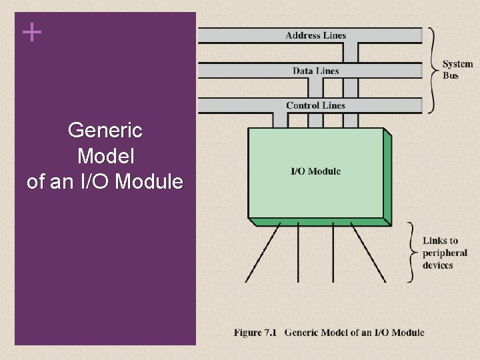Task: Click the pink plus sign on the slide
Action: (x=31, y=31)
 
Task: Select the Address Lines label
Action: (x=315, y=35)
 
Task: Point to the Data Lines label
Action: (x=315, y=71)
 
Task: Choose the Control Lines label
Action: (x=315, y=105)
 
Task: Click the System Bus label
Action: (x=459, y=70)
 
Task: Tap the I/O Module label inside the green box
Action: (x=315, y=171)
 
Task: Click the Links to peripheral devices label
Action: (x=445, y=253)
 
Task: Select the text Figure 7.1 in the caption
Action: (x=255, y=332)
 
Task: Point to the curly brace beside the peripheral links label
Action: (x=413, y=252)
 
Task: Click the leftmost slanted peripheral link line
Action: (x=262, y=253)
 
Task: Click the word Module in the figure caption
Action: (x=407, y=332)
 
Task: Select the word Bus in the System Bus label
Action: (x=451, y=75)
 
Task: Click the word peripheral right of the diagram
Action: (x=445, y=253)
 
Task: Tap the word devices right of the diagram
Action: (x=438, y=265)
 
